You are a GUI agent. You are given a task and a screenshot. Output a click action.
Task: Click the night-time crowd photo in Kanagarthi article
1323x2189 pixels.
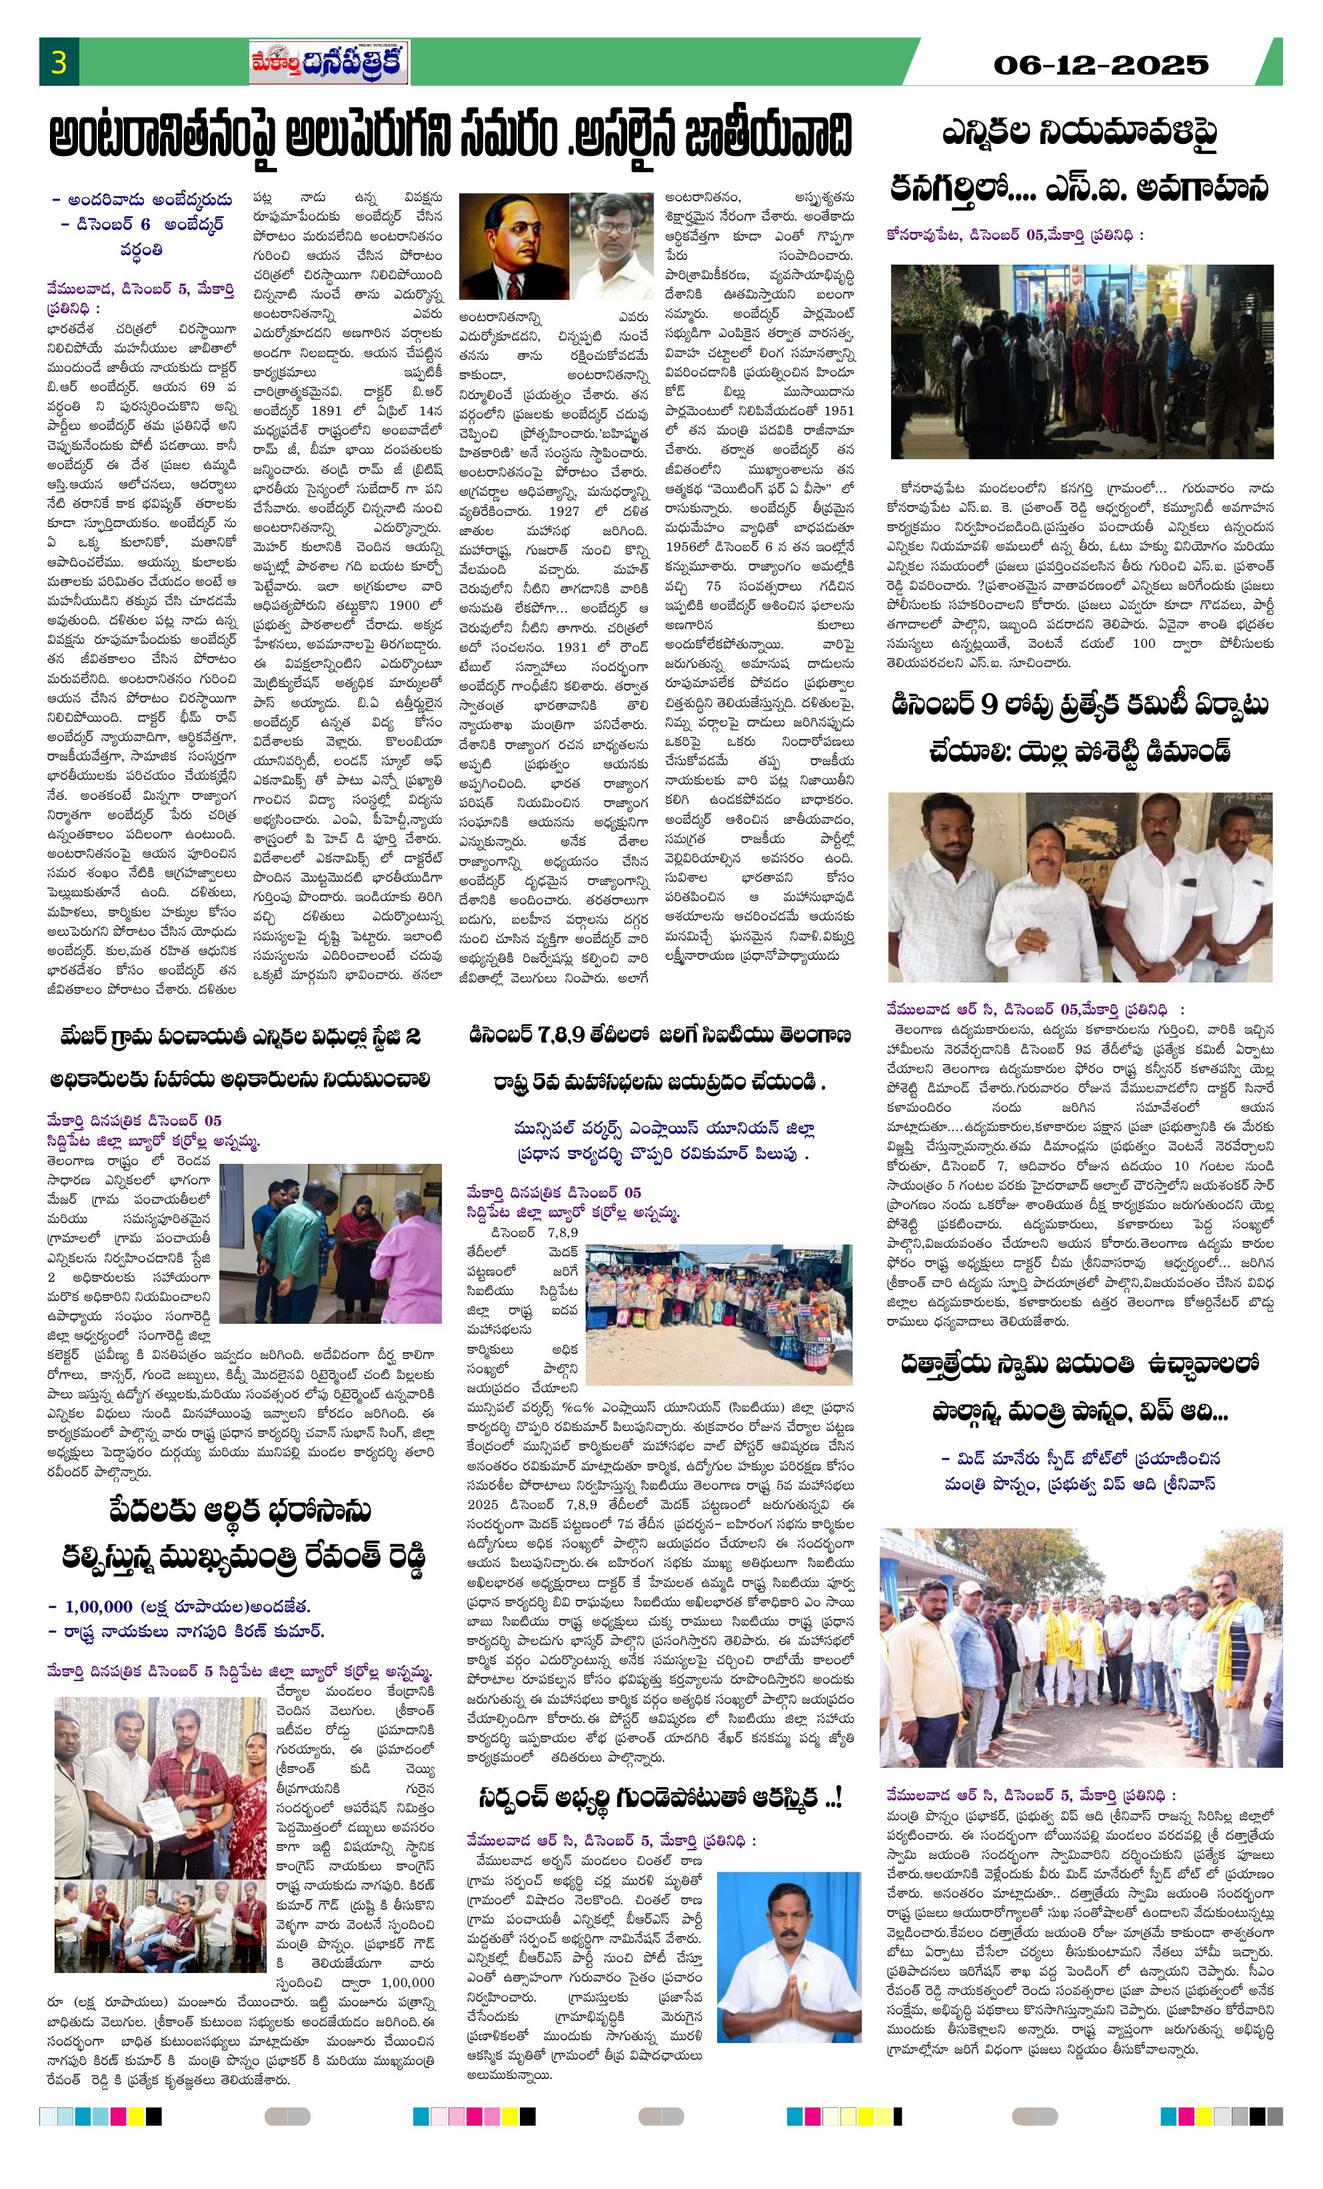tap(1081, 361)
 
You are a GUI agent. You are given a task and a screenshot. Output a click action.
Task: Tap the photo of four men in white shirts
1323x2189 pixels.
tap(1080, 887)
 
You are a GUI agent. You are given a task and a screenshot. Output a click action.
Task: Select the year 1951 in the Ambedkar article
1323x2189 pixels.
tap(838, 411)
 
